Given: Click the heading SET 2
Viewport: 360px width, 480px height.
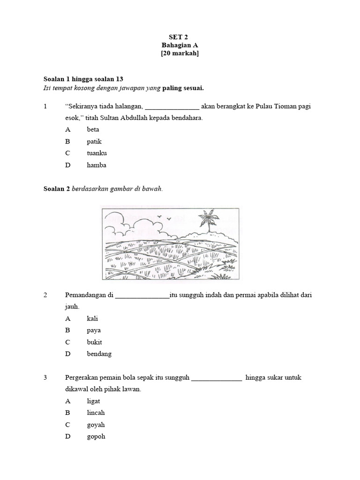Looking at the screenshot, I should point(180,36).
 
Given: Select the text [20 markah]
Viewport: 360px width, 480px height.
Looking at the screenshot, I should point(180,54).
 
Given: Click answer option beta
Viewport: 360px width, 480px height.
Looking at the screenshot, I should point(93,129).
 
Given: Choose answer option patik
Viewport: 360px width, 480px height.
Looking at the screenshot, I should point(94,141).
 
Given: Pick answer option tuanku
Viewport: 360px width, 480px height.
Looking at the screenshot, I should point(97,153).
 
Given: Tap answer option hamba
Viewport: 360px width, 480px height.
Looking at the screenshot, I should point(96,165).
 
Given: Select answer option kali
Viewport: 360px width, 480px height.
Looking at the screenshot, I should point(92,318).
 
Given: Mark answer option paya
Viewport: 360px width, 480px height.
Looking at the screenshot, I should point(94,330).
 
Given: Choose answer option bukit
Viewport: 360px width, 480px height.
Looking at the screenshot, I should point(94,342).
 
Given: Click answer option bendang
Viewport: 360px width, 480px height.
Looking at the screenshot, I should point(99,354).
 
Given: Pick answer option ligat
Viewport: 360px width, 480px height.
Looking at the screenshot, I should point(93,401).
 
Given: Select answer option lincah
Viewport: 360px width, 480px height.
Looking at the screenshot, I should point(96,413).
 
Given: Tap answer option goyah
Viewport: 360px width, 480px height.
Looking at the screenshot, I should point(96,425).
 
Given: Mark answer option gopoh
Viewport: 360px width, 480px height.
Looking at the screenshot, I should point(96,437).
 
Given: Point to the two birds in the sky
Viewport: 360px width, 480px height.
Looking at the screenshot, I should point(164,217).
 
